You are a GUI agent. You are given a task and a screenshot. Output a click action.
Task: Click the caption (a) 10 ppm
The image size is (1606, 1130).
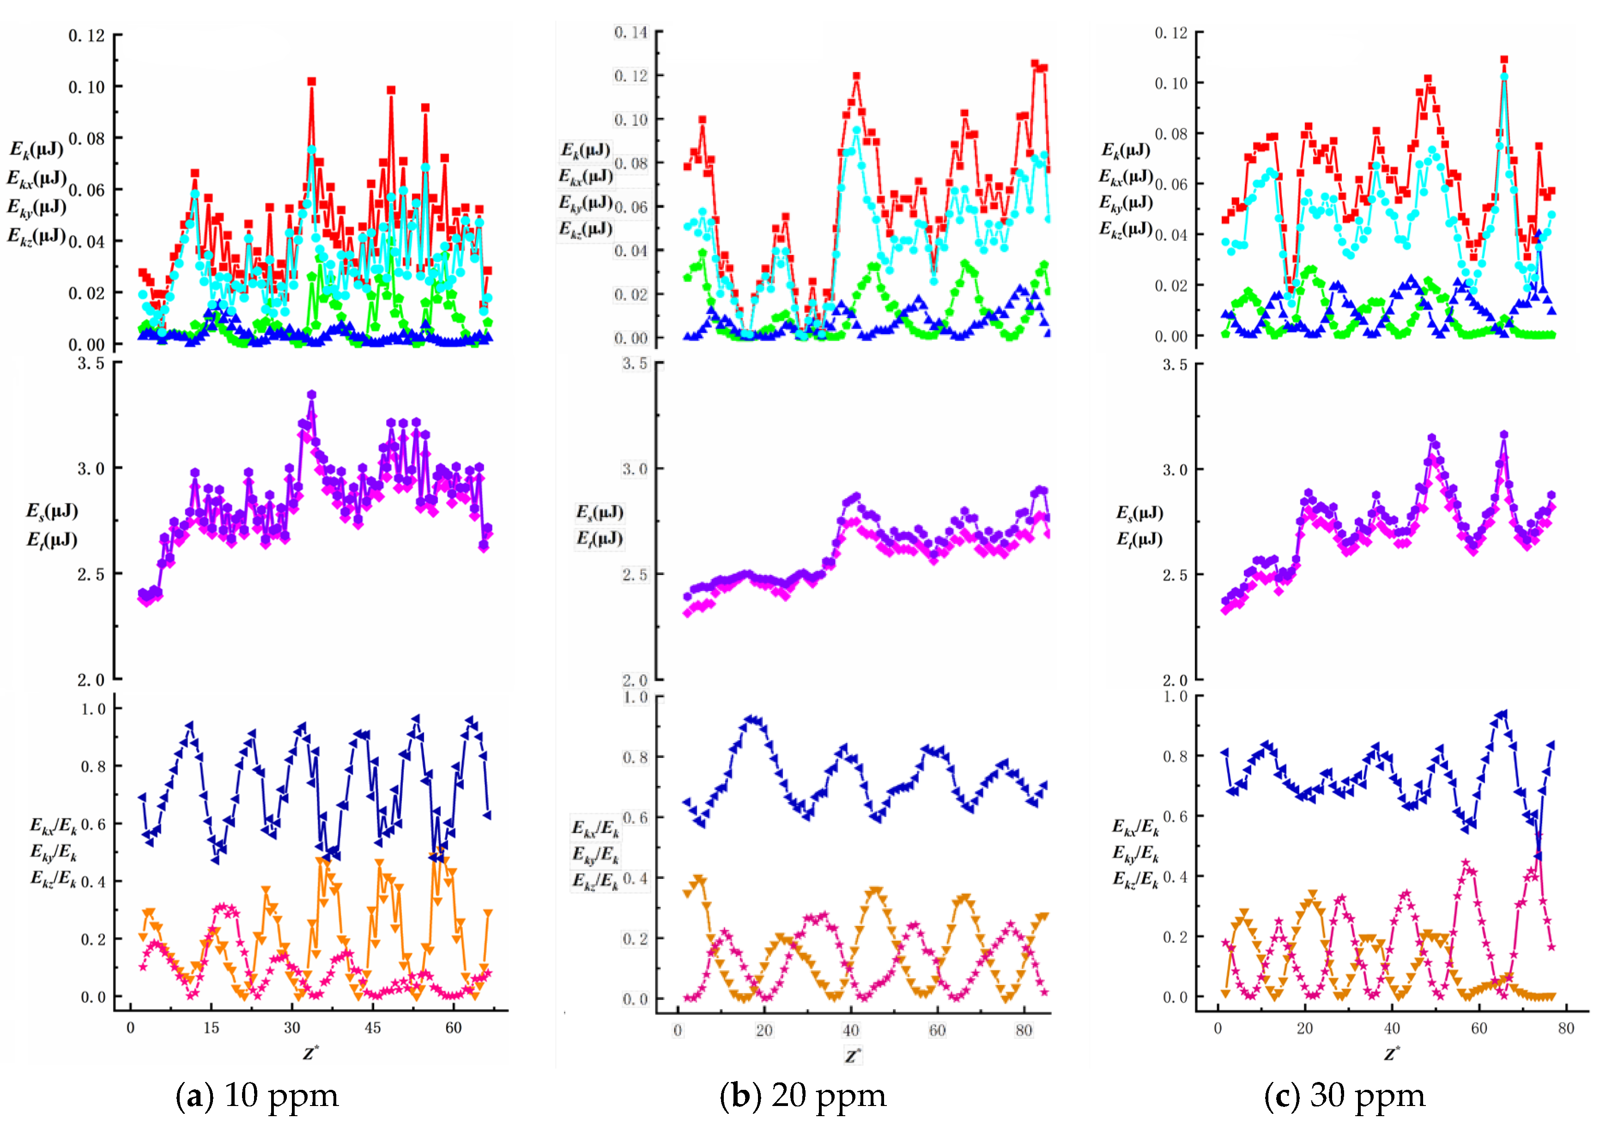coord(257,1096)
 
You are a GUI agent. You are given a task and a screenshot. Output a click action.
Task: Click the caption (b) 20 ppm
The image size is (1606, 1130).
coord(803,1096)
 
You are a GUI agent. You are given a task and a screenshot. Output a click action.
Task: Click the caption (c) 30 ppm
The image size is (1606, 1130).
coord(1345,1096)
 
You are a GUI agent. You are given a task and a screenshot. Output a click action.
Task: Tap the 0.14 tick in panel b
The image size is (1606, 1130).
coord(631,32)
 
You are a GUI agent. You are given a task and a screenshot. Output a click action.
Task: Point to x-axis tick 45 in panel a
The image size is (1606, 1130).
coord(372,1028)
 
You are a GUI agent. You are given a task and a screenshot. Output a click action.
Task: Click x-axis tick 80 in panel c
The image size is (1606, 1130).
coord(1565,1028)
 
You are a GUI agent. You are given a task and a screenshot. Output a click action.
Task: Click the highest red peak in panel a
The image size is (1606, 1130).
coord(311,82)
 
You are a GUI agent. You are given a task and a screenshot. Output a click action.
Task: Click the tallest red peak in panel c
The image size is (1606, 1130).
coord(1504,60)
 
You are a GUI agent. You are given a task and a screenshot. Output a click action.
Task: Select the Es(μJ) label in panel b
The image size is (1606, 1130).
coord(600,513)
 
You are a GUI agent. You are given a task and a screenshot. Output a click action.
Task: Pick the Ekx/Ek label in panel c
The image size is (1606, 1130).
coord(1135,827)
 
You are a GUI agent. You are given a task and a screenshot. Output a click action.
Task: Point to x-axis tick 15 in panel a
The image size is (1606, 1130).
coord(211,1028)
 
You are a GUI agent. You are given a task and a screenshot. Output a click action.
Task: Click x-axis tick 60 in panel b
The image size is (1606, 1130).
coord(937,1030)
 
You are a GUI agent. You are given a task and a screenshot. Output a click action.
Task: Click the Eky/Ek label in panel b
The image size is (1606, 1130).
coord(596,854)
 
